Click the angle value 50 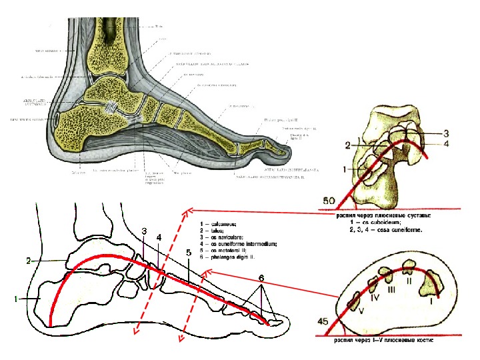[328, 200]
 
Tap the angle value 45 [323, 321]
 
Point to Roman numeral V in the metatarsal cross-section [361, 311]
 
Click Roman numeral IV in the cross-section [375, 298]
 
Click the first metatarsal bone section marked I [431, 283]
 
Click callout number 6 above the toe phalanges [261, 278]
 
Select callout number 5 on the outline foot [189, 253]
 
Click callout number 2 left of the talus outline [29, 260]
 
